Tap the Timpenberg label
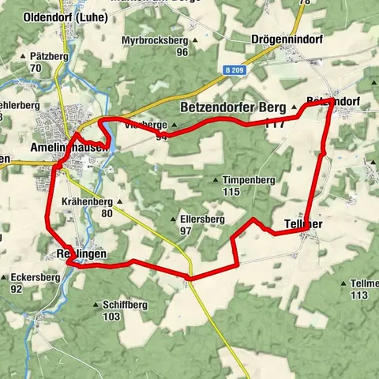[248, 180]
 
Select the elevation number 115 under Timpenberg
[231, 192]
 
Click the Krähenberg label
[87, 201]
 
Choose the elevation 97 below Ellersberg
[186, 231]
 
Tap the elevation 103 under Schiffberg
[111, 316]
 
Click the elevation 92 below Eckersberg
[16, 289]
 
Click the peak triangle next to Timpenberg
[216, 180]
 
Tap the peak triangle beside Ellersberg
[174, 220]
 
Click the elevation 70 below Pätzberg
[36, 69]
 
